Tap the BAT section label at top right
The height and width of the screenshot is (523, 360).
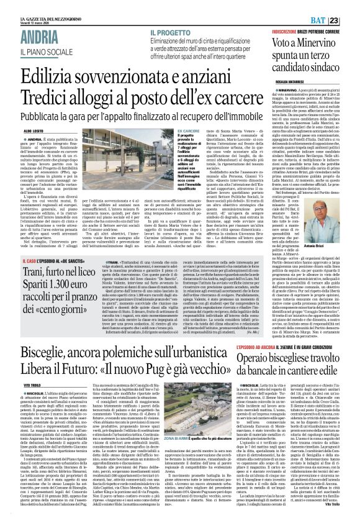pyautogui.click(x=335, y=5)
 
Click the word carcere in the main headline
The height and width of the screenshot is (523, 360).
pyautogui.click(x=279, y=93)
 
